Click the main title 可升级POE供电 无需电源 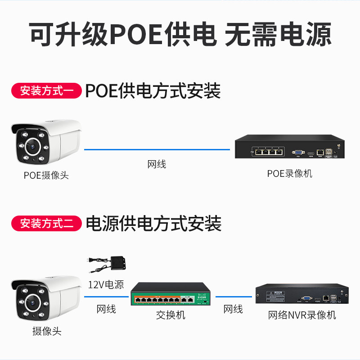click(180, 34)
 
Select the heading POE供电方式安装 click(153, 91)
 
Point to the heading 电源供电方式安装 click(153, 223)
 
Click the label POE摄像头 click(46, 175)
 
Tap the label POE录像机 click(290, 173)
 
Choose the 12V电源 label click(106, 284)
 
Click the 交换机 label click(171, 315)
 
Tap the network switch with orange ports click(170, 297)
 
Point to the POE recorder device click(290, 147)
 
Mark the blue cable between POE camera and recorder click(157, 149)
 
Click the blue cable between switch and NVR click(234, 297)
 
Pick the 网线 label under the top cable click(157, 164)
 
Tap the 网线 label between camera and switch click(106, 309)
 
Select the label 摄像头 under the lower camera click(46, 332)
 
